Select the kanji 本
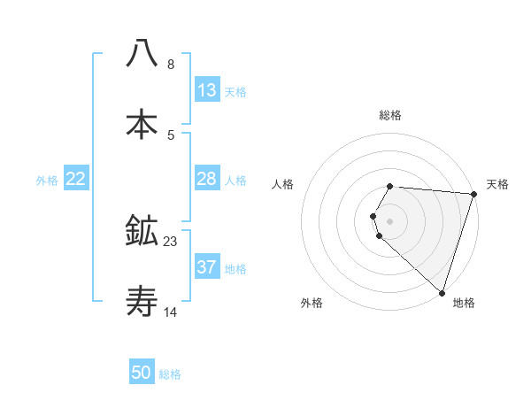click(142, 124)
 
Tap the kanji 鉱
click(142, 232)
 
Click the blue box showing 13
click(207, 90)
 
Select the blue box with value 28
click(207, 179)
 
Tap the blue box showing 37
click(207, 267)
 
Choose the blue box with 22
click(76, 179)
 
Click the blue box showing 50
click(142, 373)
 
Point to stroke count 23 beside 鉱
click(171, 241)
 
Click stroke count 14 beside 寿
click(171, 312)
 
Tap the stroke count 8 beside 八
click(171, 64)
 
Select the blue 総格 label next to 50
click(170, 374)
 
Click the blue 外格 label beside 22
click(47, 180)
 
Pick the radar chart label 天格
click(497, 184)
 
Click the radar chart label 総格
click(390, 115)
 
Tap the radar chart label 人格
click(283, 184)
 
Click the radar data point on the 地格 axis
click(442, 292)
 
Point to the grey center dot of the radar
click(390, 220)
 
